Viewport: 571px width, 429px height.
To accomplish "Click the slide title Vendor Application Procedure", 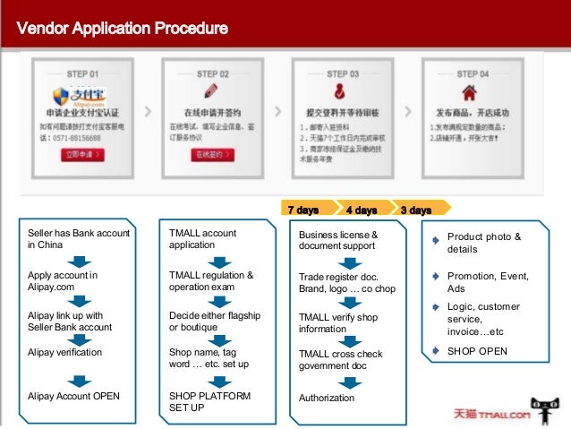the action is (x=123, y=28).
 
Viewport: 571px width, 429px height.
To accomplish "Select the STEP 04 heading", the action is (x=473, y=73).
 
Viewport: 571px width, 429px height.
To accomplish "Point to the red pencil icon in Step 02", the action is (x=211, y=90).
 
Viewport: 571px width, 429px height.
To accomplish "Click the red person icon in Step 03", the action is (x=342, y=92).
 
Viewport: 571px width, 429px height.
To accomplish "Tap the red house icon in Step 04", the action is (x=472, y=91).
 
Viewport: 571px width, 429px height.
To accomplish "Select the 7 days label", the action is (x=303, y=210).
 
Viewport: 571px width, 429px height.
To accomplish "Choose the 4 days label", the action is (x=361, y=210).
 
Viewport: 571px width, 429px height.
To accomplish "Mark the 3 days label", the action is (x=415, y=210).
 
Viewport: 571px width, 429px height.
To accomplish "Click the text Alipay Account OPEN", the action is (x=73, y=396).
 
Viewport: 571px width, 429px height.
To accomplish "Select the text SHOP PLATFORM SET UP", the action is (x=209, y=401).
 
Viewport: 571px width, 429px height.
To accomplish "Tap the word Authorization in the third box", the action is (x=327, y=398).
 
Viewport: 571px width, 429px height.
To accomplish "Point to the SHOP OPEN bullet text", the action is (x=477, y=351).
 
